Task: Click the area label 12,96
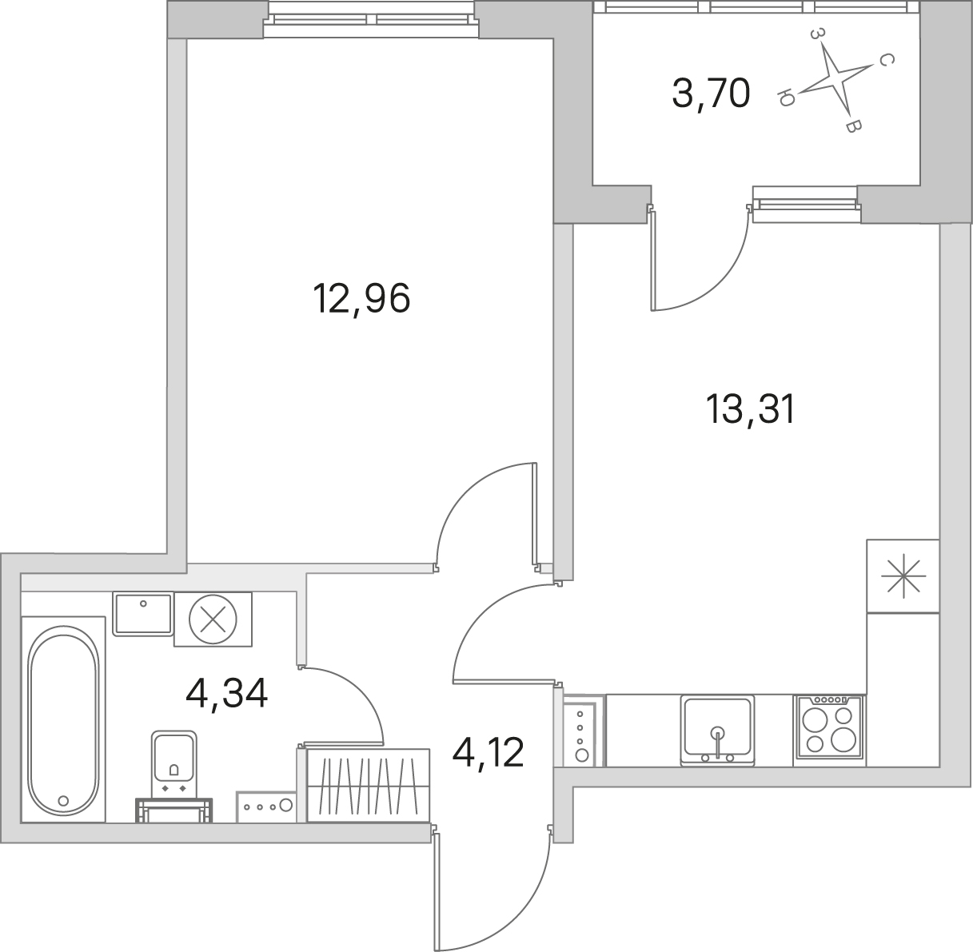point(361,299)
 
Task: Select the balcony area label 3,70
point(711,94)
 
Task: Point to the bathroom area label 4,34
point(226,695)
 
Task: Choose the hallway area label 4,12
point(488,752)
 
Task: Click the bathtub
point(63,721)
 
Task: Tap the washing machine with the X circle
point(213,619)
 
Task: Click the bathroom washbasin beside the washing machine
point(143,614)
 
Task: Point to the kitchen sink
point(717,730)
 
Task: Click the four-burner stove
point(829,730)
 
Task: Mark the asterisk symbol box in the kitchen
point(903,576)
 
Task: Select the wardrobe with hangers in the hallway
point(369,785)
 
